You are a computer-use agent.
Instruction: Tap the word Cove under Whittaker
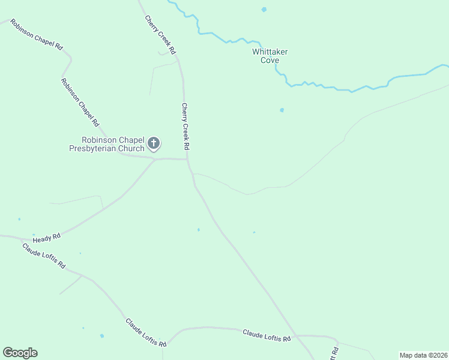(270, 61)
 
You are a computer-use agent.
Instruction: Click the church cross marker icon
(154, 143)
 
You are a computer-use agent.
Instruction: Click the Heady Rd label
(47, 238)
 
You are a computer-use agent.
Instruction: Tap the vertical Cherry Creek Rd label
(185, 126)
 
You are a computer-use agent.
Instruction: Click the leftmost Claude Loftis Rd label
(43, 255)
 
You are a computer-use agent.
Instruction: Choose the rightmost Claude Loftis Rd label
(267, 335)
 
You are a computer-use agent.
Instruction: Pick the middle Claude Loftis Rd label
(146, 332)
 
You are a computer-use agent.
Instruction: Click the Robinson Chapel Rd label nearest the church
(80, 103)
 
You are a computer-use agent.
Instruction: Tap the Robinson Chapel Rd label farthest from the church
(35, 36)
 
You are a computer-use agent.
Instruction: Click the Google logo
(20, 353)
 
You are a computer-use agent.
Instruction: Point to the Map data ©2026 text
(423, 355)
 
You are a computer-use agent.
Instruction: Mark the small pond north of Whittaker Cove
(264, 10)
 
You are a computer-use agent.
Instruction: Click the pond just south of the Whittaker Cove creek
(282, 110)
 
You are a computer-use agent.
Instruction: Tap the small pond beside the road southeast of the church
(199, 229)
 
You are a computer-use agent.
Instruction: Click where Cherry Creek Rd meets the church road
(187, 160)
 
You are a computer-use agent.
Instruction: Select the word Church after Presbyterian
(131, 149)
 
